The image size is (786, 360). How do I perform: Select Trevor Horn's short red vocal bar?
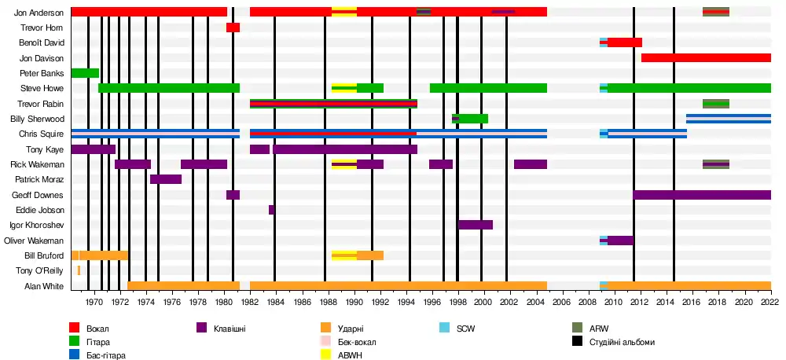pyautogui.click(x=233, y=28)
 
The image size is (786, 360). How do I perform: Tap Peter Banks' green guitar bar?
pyautogui.click(x=85, y=73)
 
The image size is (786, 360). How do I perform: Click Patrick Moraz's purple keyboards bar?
pyautogui.click(x=166, y=179)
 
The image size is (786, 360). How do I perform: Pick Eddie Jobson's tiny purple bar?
pyautogui.click(x=272, y=210)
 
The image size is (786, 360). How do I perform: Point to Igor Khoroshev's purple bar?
pyautogui.click(x=475, y=225)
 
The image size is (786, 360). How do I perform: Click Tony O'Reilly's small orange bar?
pyautogui.click(x=79, y=270)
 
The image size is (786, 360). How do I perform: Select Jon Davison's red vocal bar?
pyautogui.click(x=706, y=57)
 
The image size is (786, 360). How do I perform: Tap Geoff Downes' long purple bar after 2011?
pyautogui.click(x=702, y=195)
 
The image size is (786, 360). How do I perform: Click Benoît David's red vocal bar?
pyautogui.click(x=625, y=42)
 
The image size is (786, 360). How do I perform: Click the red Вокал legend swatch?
pyautogui.click(x=75, y=328)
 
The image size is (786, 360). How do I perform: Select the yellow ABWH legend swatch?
pyautogui.click(x=325, y=354)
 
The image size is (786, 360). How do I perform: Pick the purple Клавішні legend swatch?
pyautogui.click(x=201, y=328)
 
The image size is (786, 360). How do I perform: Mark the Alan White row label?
pyautogui.click(x=44, y=286)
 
